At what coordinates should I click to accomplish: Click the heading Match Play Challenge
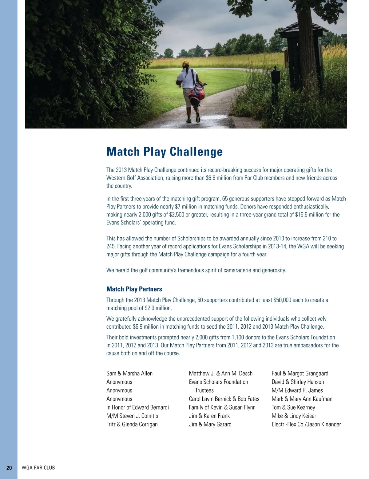(x=165, y=152)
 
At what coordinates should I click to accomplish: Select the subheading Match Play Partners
(x=134, y=289)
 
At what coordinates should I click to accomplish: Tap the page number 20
(x=9, y=468)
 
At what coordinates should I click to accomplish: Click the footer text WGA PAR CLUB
(x=38, y=468)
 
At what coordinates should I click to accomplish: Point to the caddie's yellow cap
(x=186, y=64)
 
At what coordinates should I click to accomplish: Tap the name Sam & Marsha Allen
(x=129, y=373)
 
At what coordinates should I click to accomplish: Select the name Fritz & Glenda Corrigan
(x=132, y=424)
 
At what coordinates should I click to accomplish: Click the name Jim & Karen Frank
(x=209, y=416)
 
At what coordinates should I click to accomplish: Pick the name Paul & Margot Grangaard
(x=300, y=373)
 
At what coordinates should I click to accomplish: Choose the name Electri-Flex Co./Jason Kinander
(x=306, y=424)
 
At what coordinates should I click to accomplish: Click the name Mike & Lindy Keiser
(x=294, y=416)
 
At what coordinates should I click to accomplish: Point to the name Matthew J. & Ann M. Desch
(x=221, y=373)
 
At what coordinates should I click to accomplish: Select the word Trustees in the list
(x=204, y=390)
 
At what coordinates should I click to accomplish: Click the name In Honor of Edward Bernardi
(x=137, y=407)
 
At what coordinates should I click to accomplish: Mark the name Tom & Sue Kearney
(x=293, y=407)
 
